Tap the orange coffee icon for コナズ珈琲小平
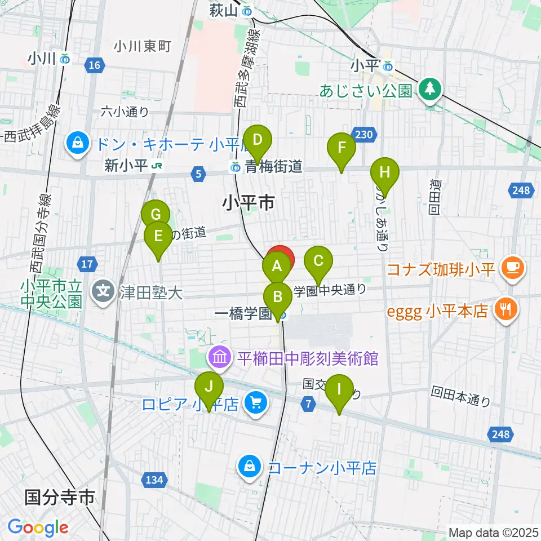coord(513,266)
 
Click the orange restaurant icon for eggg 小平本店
coord(506,309)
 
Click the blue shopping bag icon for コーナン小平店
coord(249,467)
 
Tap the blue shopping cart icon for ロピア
coord(256,403)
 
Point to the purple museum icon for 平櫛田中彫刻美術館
coord(219,357)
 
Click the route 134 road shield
coord(154,480)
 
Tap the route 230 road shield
coord(364,134)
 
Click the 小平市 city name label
coord(249,202)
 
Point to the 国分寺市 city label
coord(59,498)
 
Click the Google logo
coord(38,527)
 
